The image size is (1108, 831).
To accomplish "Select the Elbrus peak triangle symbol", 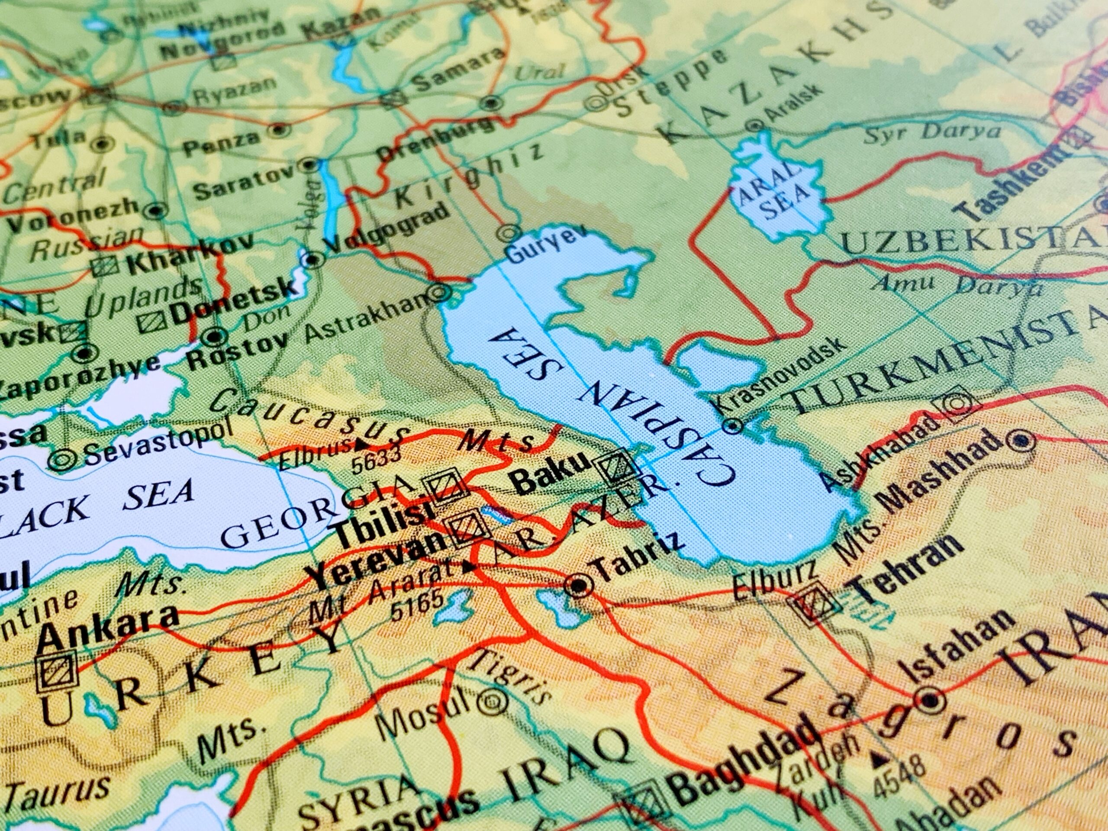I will [361, 444].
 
